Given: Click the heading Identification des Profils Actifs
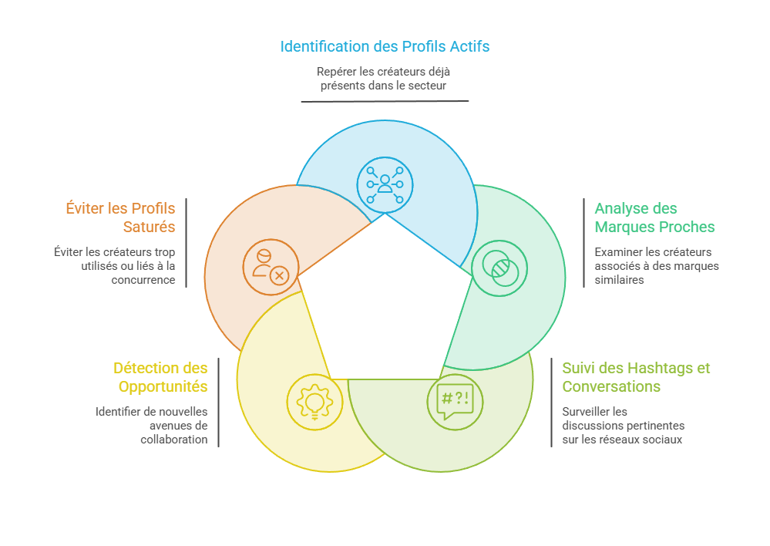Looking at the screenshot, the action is [385, 46].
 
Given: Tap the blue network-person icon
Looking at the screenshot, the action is [385, 185].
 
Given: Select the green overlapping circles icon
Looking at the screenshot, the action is [499, 268].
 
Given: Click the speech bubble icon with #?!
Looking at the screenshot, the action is [456, 402].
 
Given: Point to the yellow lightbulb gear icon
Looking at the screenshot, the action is [314, 402].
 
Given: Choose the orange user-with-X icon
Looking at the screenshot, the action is [271, 268].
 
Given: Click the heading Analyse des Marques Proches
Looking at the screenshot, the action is [654, 217].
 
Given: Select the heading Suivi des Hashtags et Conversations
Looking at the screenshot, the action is [636, 377].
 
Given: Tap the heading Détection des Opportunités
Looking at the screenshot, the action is [160, 377].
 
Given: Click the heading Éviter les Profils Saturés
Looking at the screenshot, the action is [120, 217].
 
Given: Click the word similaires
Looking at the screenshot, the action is [619, 280].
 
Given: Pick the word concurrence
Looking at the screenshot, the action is [143, 280].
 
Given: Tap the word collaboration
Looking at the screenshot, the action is [174, 440].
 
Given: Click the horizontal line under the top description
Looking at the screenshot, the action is [385, 101].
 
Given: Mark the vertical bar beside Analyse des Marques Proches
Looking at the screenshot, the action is [584, 243].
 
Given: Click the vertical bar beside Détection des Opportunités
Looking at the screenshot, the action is [219, 403].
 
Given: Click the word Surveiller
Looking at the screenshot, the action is [595, 411].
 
